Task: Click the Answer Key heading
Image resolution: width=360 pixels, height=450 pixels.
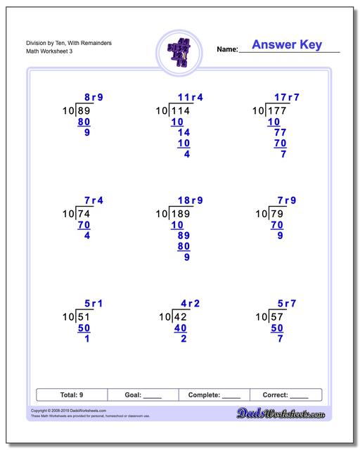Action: coord(287,45)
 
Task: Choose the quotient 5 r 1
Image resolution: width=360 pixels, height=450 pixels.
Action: coord(94,304)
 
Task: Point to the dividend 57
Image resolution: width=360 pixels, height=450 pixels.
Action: coord(278,317)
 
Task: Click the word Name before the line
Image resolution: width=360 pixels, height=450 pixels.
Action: coord(227,50)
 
